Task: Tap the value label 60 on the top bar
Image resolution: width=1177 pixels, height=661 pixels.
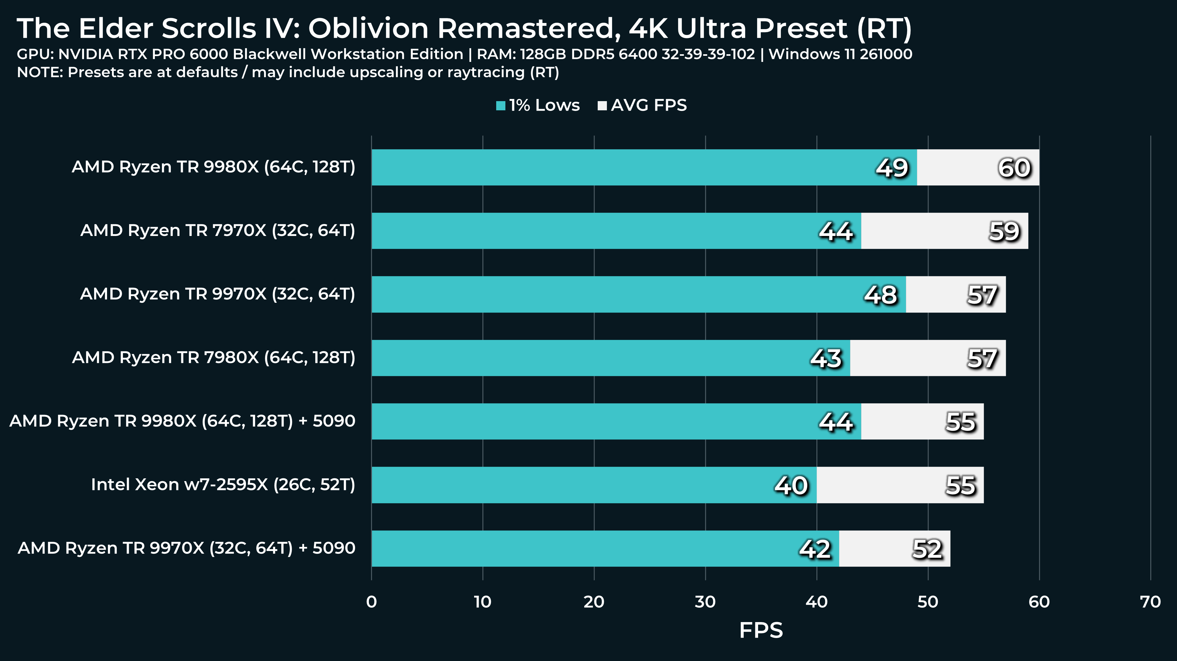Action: [1014, 168]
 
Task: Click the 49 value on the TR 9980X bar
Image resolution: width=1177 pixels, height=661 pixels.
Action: [891, 168]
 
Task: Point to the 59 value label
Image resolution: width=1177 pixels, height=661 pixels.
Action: [1004, 231]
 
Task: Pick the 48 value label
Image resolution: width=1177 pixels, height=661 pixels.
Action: [880, 294]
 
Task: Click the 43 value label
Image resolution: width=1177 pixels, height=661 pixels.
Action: [825, 358]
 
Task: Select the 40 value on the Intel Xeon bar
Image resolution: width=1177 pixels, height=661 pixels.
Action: [791, 485]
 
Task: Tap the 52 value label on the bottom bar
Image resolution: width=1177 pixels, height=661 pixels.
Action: [927, 549]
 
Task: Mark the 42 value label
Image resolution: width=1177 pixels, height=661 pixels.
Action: [815, 549]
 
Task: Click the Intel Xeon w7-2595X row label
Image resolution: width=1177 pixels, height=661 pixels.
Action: [223, 484]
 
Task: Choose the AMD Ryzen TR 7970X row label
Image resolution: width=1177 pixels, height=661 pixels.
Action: [217, 230]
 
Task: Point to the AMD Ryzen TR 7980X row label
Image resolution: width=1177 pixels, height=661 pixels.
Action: [213, 357]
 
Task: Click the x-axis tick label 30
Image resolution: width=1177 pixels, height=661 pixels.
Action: [705, 602]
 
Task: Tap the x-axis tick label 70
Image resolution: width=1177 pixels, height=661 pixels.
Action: [1150, 602]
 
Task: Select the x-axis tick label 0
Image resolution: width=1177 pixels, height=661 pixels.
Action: [371, 602]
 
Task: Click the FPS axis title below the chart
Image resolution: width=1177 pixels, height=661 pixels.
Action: [761, 630]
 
